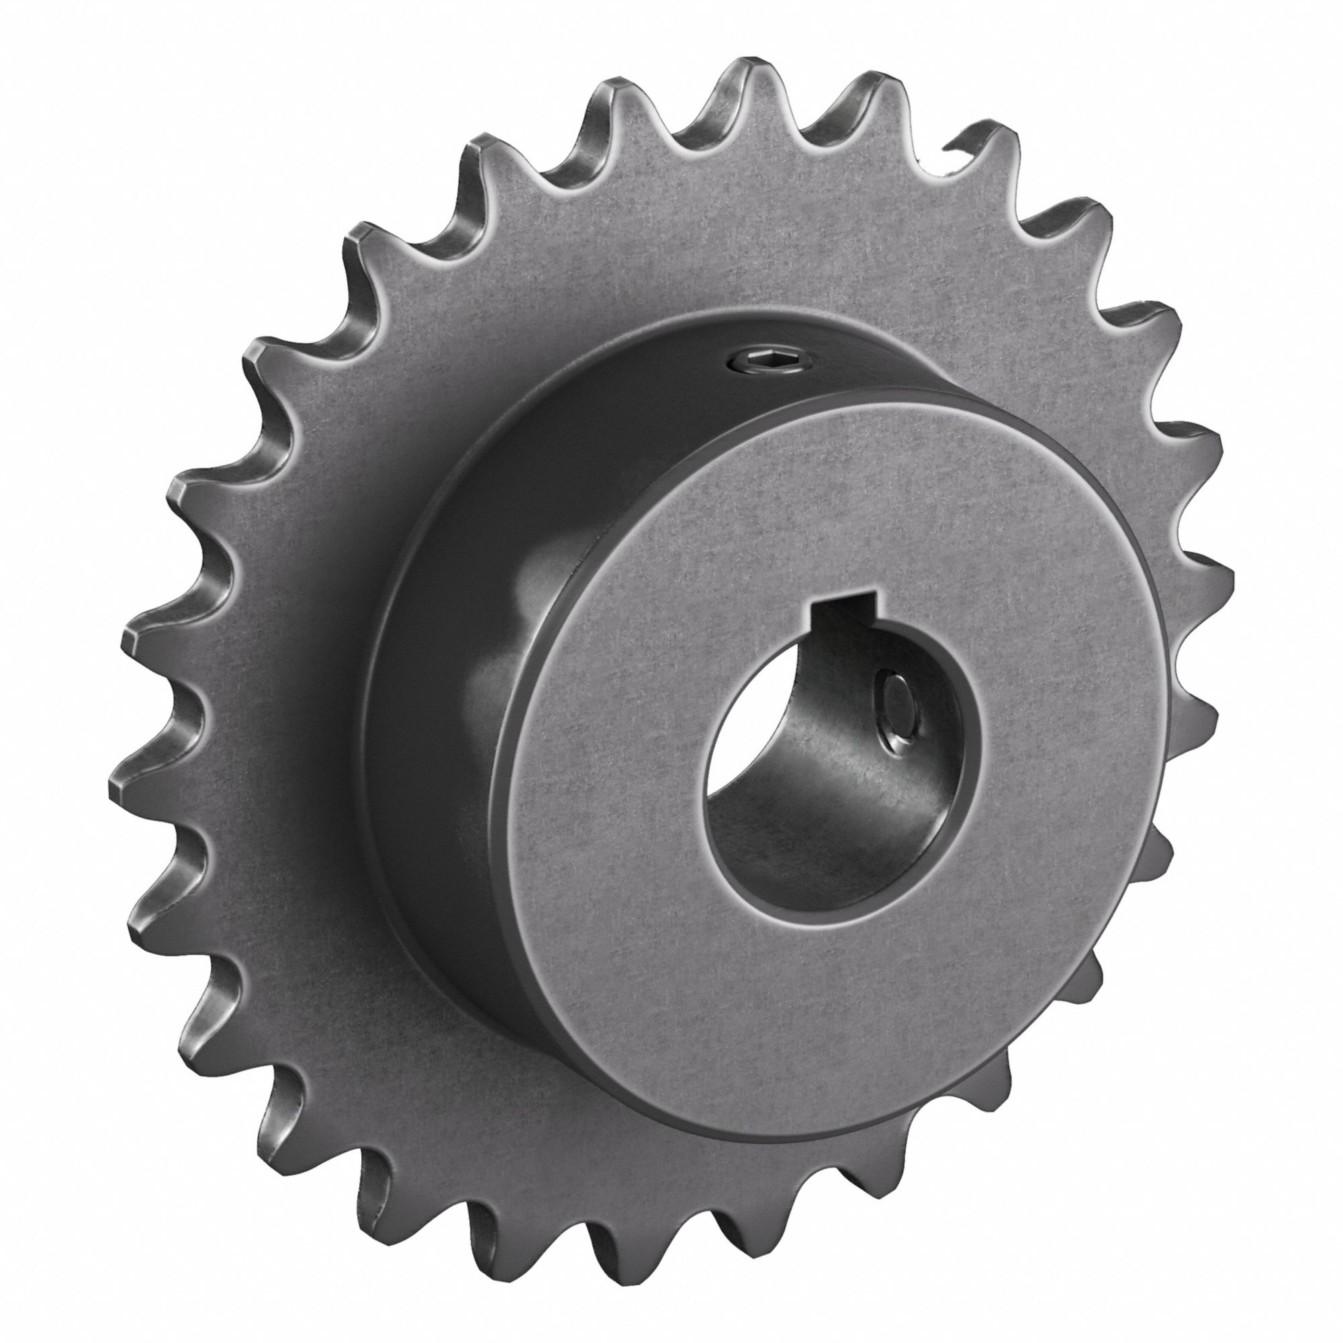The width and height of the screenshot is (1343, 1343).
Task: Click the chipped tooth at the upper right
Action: (x=973, y=150)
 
